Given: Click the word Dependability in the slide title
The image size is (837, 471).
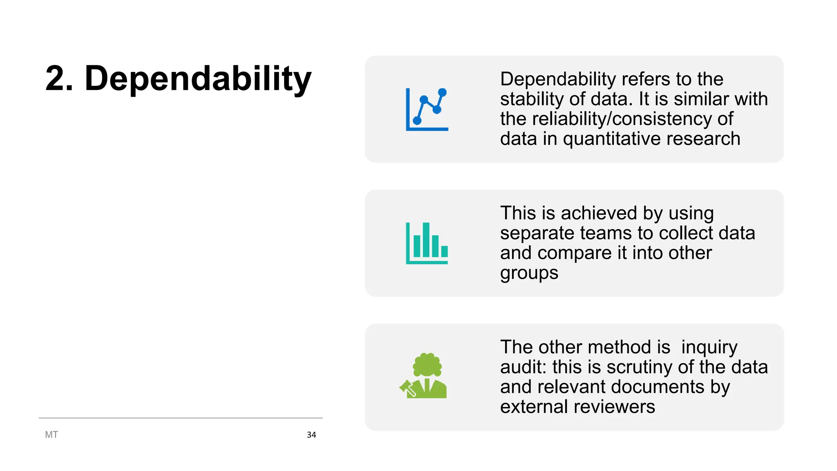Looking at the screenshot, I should click(198, 78).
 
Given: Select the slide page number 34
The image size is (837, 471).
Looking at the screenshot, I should click(311, 435).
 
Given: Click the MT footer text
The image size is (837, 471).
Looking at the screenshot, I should click(51, 435).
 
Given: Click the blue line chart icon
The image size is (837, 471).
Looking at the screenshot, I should click(427, 109).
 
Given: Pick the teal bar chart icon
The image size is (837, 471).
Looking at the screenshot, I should click(427, 243).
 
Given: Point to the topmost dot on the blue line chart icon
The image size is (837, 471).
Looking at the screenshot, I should click(442, 92).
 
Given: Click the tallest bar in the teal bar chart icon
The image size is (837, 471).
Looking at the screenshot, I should click(426, 239).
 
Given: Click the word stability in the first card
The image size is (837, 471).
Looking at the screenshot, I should click(526, 99).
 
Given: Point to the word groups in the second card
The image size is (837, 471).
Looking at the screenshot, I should click(529, 273).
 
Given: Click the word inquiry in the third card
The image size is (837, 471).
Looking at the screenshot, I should click(709, 348).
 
